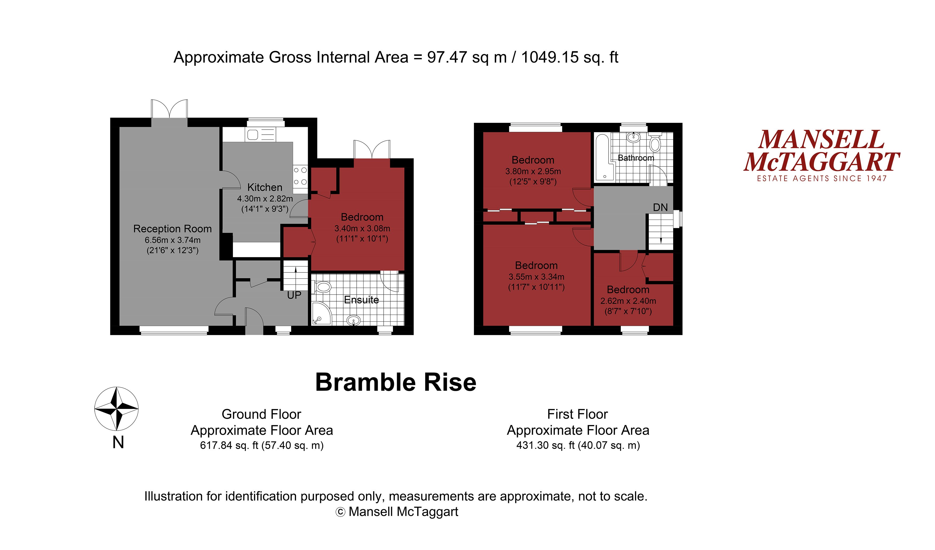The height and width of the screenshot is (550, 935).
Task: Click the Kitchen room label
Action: click(x=264, y=188)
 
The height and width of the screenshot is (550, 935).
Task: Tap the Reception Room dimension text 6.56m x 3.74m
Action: click(x=173, y=240)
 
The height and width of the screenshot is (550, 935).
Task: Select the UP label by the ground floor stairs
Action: click(x=294, y=295)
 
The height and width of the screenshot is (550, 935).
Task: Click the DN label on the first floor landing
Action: click(x=660, y=208)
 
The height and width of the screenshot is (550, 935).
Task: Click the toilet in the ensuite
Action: click(x=322, y=287)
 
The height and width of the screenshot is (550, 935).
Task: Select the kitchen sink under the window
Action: click(x=253, y=135)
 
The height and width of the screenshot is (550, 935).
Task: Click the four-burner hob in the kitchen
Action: click(x=300, y=176)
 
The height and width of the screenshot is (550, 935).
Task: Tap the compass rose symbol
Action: click(x=116, y=409)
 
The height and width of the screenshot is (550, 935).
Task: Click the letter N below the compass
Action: click(x=118, y=442)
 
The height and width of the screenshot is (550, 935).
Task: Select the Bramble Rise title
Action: click(x=396, y=383)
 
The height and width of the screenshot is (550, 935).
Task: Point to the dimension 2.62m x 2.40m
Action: click(x=628, y=301)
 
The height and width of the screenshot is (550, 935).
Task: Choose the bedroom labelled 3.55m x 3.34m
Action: click(x=536, y=276)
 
